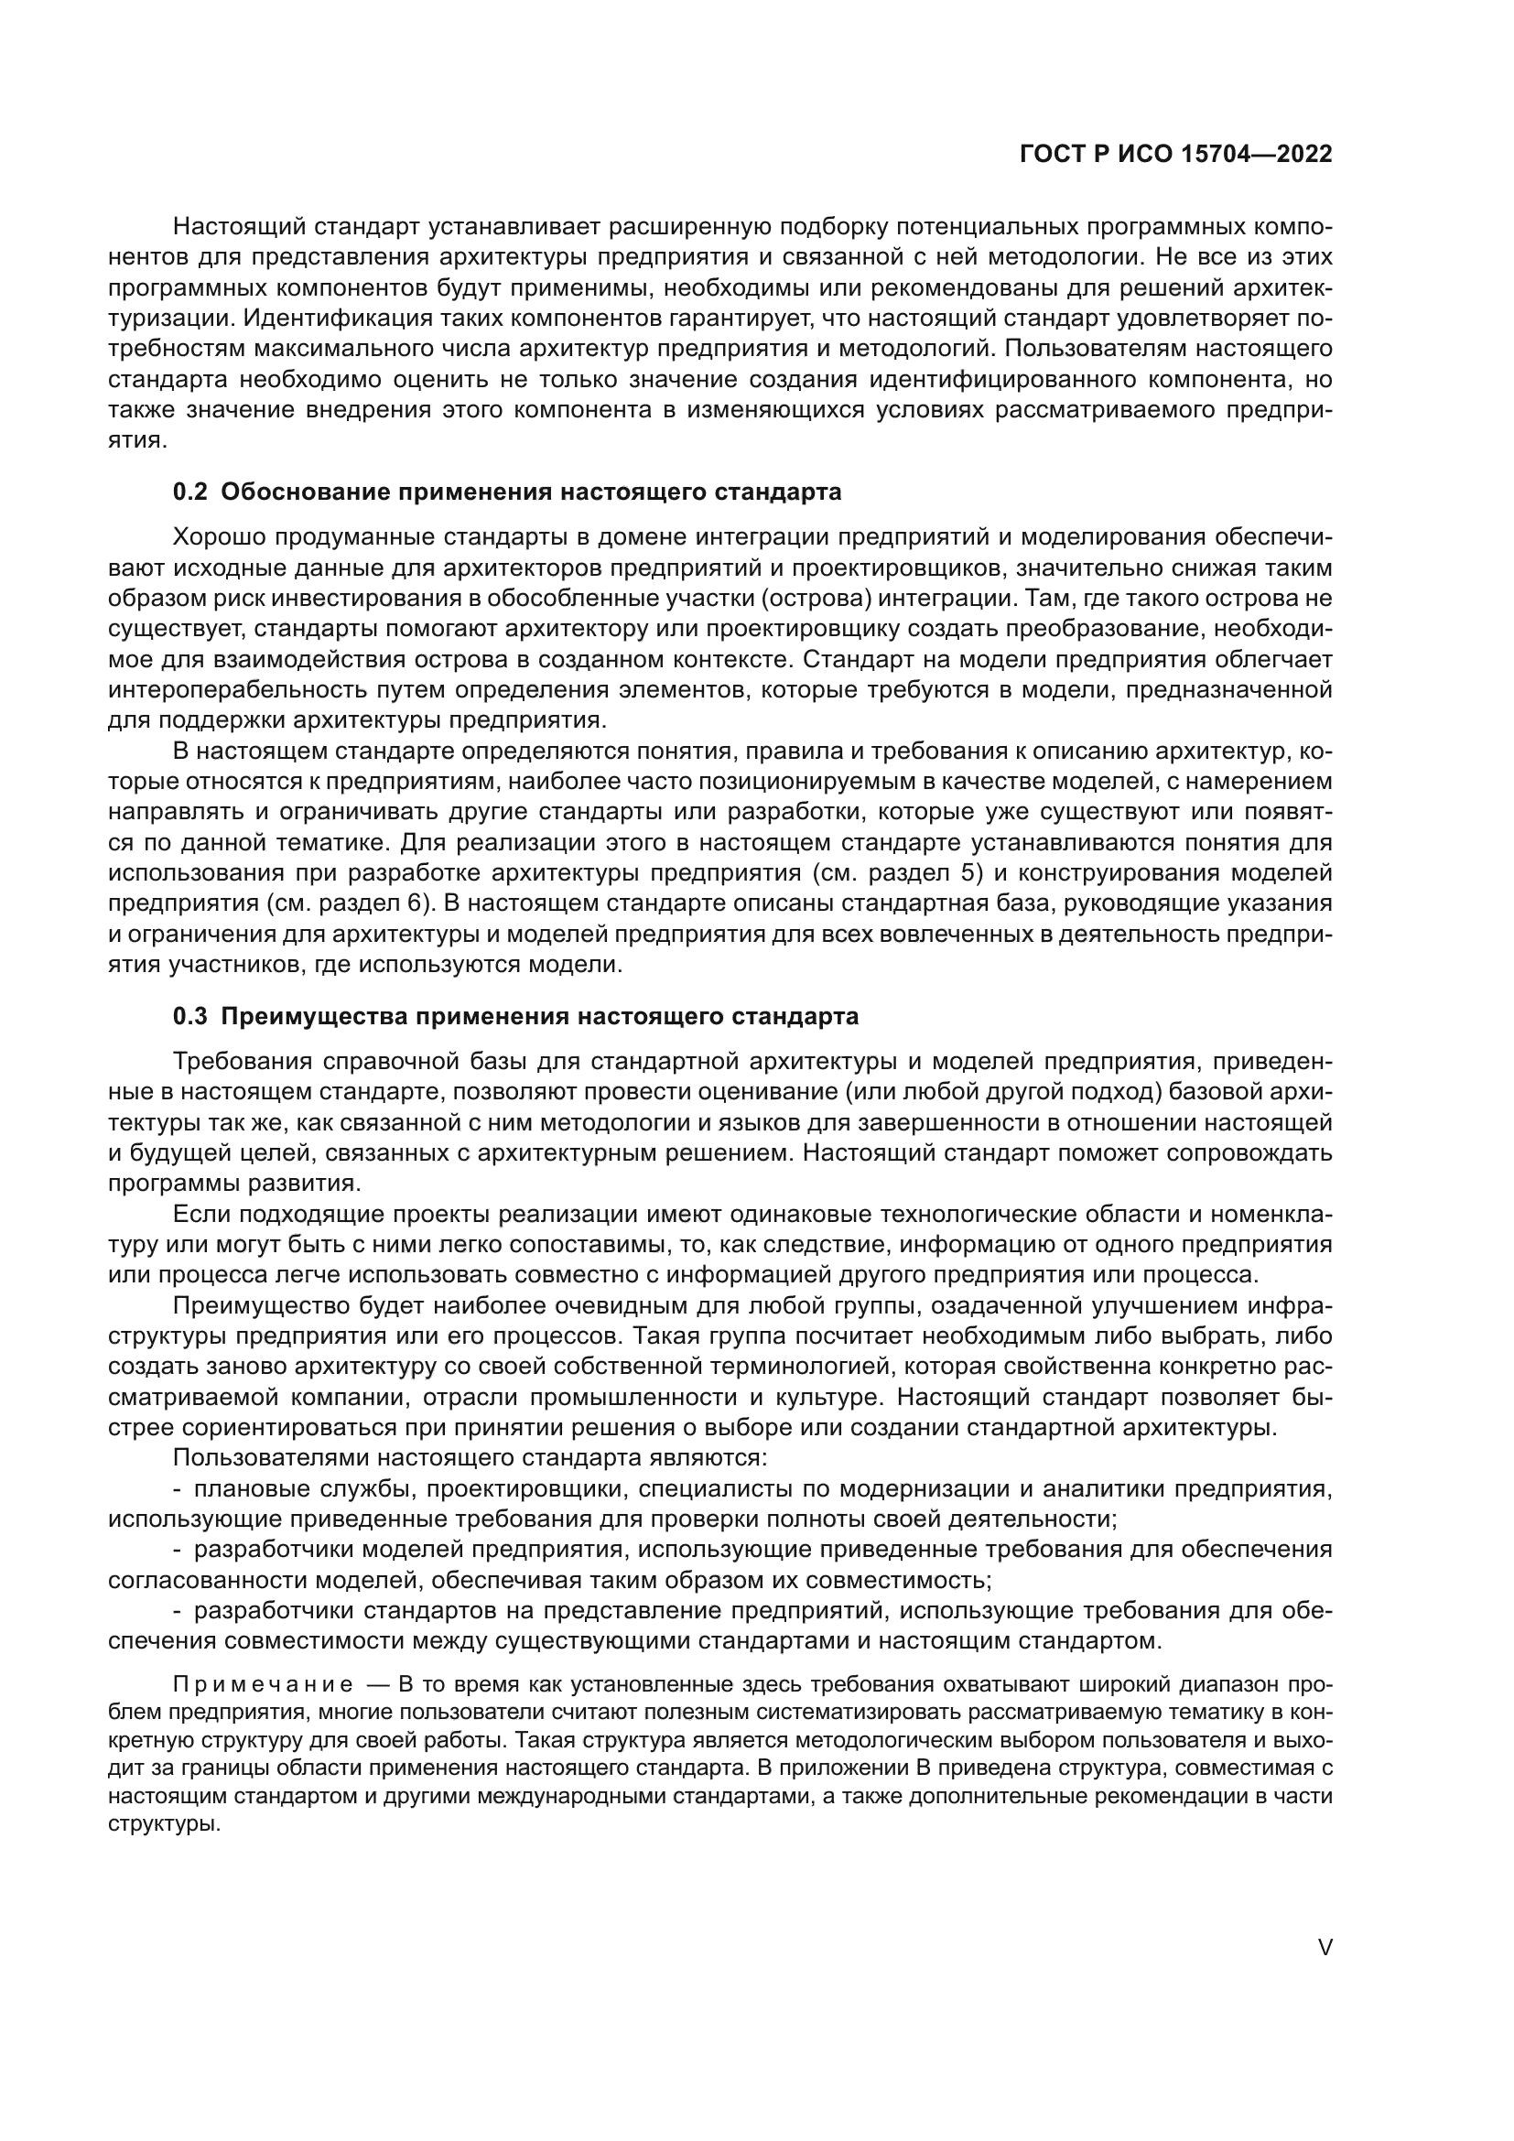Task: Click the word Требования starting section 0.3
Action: [241, 1062]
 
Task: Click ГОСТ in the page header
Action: [1052, 155]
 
